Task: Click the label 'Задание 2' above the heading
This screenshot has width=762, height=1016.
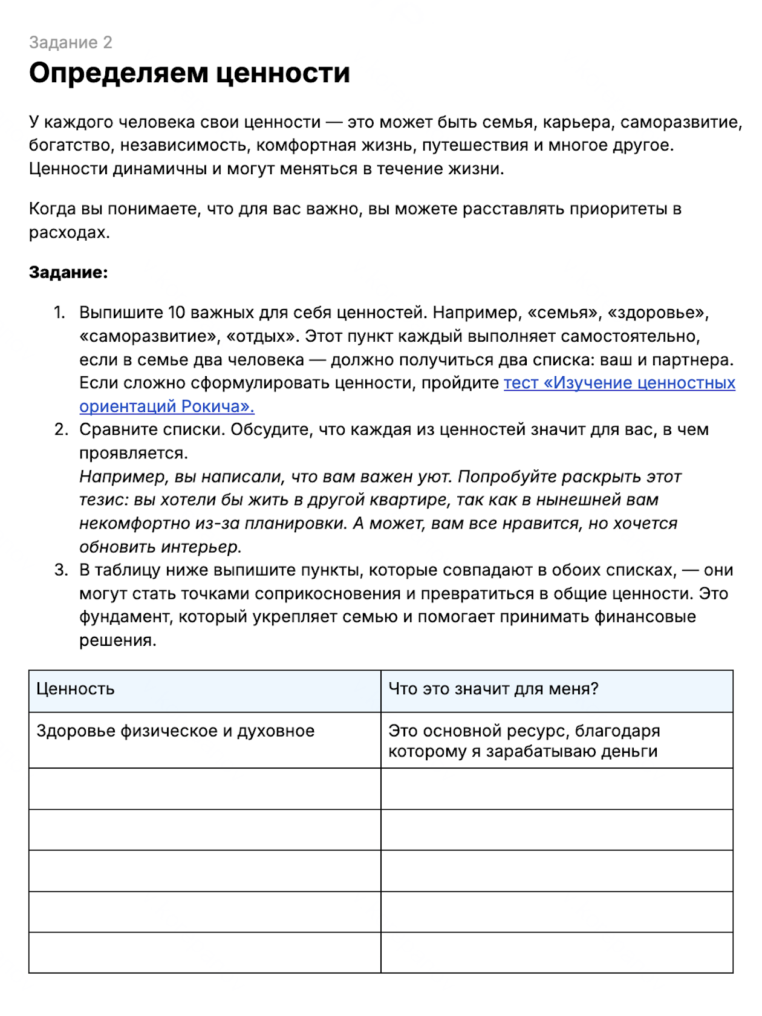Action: tap(70, 42)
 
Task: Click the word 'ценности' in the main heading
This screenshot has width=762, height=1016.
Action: tap(283, 73)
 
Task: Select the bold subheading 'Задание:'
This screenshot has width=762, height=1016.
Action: tap(68, 272)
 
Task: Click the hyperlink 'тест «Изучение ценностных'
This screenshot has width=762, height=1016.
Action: tap(619, 383)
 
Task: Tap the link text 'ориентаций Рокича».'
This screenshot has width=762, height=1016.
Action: tap(167, 406)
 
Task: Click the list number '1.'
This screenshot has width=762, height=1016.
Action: tap(59, 313)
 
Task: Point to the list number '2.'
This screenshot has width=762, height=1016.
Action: tap(60, 429)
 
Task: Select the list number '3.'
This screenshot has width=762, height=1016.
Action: tap(60, 570)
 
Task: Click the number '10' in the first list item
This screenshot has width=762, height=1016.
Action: tap(177, 313)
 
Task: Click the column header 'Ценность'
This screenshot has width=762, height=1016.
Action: tap(76, 689)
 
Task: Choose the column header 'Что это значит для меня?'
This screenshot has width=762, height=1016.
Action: tap(493, 689)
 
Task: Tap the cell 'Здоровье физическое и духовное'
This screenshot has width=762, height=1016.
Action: tap(175, 731)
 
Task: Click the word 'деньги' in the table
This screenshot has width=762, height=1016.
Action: tap(630, 752)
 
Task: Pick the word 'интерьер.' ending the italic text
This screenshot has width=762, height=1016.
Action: tap(201, 547)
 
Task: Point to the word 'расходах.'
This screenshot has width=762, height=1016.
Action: tap(70, 233)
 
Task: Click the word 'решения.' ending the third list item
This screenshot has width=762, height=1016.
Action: tap(118, 640)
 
